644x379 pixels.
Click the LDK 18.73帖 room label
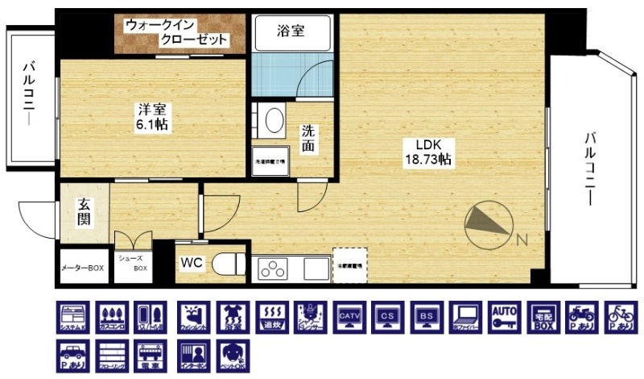click(427, 153)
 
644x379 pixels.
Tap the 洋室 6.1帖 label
click(151, 117)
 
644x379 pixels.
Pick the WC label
click(192, 263)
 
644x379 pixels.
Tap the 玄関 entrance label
click(83, 211)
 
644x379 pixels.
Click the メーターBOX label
click(83, 268)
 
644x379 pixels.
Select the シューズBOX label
click(133, 263)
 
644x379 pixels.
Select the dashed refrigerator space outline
click(349, 264)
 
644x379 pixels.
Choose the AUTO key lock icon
click(503, 319)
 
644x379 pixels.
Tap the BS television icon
click(426, 319)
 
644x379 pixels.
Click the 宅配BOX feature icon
click(543, 319)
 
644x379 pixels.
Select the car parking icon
click(72, 355)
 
